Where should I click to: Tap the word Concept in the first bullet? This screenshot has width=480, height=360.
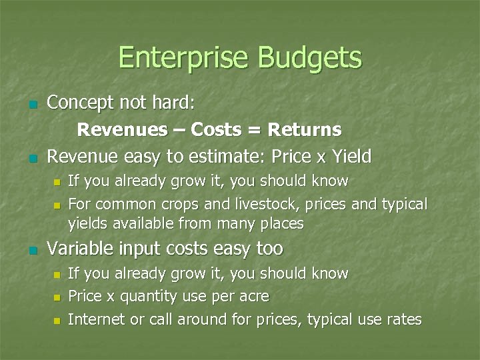[81, 103]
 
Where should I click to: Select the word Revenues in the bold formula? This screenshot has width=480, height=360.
[123, 129]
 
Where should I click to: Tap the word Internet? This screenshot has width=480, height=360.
[97, 319]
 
